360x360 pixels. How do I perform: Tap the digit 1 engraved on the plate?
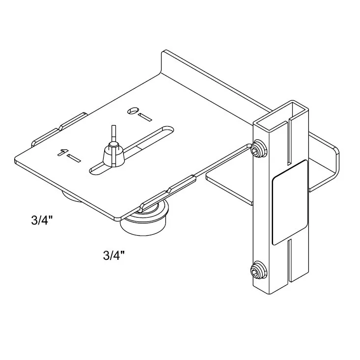(x=62, y=152)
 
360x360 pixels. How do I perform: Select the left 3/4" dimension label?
(x=41, y=220)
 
